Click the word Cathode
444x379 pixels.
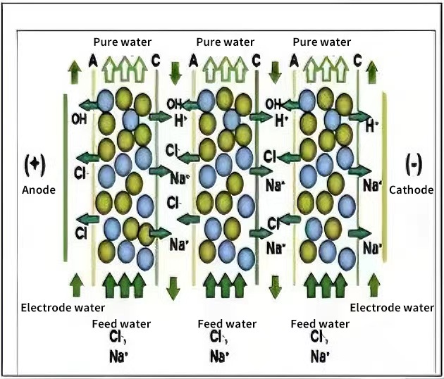[x=413, y=189]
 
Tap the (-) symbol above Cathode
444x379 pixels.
[x=414, y=164]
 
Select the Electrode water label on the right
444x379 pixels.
[x=392, y=307]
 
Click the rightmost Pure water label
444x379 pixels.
[x=321, y=42]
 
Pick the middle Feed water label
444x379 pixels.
[x=227, y=324]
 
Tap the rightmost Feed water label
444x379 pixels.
[x=320, y=324]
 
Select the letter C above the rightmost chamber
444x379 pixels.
[x=357, y=62]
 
